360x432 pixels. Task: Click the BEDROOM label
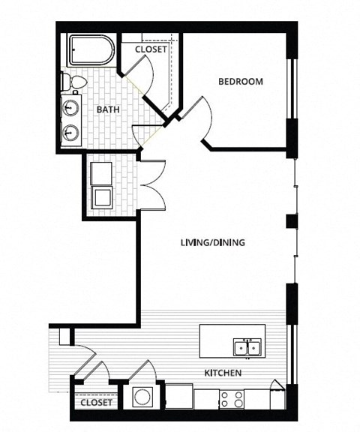(240, 82)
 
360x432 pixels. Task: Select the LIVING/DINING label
(213, 243)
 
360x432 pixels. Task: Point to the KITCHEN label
(223, 373)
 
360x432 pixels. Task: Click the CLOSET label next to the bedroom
(150, 50)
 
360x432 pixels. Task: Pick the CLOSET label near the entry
(95, 403)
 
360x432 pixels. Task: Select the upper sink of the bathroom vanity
(72, 106)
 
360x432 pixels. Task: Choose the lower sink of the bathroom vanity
(72, 133)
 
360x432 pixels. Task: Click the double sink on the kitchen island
(247, 347)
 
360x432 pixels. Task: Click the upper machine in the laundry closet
(100, 173)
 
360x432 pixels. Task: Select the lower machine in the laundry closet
(100, 198)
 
